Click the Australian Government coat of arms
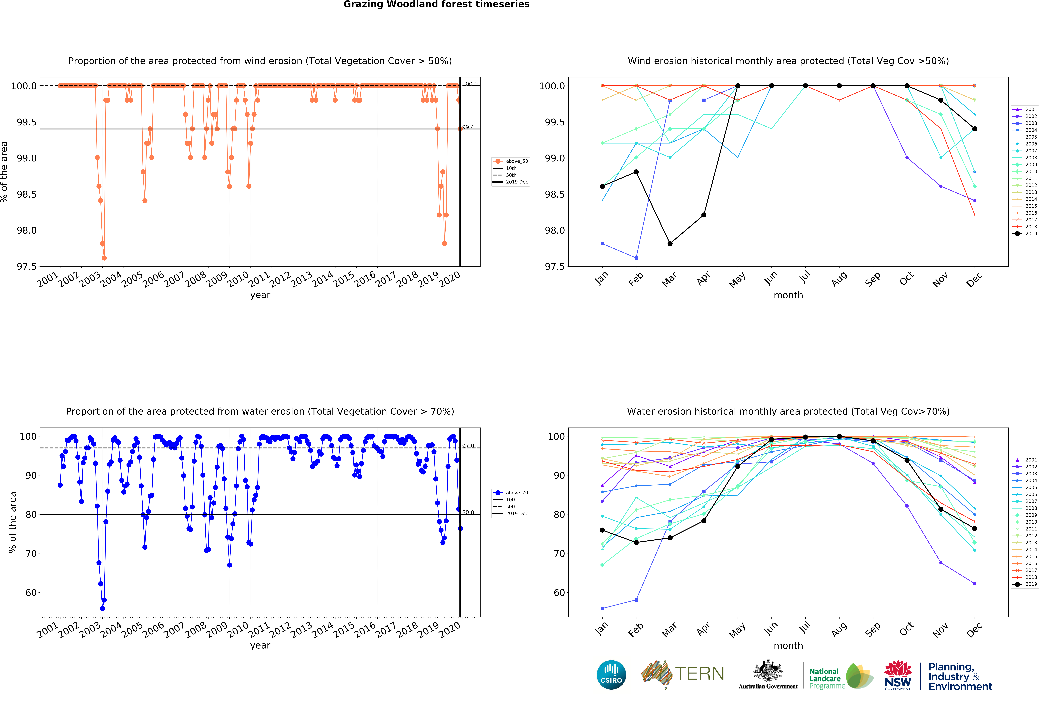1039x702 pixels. point(768,670)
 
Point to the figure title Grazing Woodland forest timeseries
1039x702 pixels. point(436,5)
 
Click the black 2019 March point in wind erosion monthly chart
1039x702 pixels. point(670,243)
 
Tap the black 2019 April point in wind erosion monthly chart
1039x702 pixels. point(704,215)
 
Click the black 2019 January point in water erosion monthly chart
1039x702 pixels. point(602,530)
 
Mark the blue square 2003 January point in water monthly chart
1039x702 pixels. point(602,608)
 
